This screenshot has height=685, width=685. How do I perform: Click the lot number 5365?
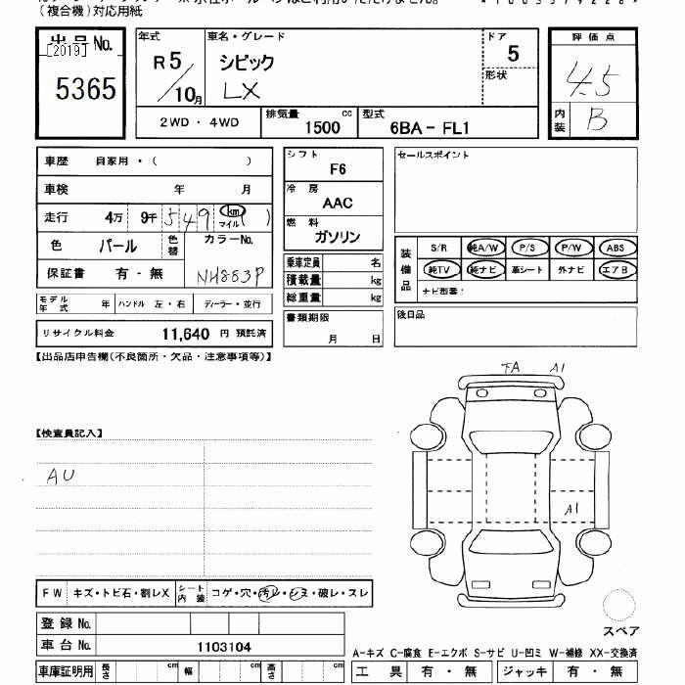point(86,91)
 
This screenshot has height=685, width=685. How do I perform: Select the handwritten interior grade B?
point(596,119)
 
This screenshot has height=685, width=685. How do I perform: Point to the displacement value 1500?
point(323,128)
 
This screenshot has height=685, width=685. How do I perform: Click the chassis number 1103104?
point(223,646)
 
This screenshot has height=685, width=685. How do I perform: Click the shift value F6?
point(338,169)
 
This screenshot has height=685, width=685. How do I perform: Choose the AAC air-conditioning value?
point(338,204)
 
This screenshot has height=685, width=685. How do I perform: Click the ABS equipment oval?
point(616,248)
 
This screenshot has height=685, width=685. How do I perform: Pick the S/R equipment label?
point(437,248)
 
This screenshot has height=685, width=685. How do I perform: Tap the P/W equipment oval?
point(571,248)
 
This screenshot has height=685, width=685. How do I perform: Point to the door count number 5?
point(513,56)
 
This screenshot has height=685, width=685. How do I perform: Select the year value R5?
point(168,61)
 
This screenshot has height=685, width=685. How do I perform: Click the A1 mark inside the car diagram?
point(572,508)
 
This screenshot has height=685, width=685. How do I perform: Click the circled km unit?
point(232,211)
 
